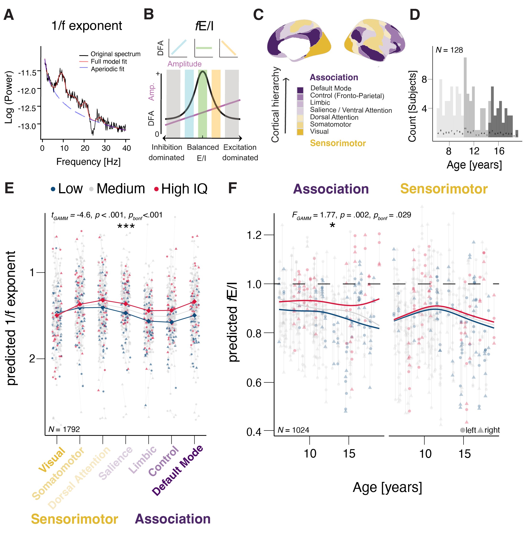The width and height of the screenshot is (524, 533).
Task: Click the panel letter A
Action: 9,15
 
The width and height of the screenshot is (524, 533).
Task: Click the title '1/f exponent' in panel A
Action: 87,26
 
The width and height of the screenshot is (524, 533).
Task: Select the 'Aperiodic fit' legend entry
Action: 107,69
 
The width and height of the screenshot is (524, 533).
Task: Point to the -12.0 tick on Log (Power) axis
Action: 27,91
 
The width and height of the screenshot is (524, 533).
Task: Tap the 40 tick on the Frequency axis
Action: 126,148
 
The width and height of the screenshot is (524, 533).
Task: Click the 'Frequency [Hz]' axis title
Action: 88,162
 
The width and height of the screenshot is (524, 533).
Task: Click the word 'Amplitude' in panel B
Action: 184,64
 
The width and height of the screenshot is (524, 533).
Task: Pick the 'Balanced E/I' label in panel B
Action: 202,152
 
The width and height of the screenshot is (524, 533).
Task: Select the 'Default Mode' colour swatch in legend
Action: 300,90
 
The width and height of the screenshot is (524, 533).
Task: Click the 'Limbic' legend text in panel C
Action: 320,102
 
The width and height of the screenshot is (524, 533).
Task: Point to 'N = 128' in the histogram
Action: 449,50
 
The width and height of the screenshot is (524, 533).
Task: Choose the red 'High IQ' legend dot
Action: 156,189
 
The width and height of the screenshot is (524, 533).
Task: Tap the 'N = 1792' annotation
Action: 64,429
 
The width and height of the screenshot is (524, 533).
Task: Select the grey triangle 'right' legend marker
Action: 480,430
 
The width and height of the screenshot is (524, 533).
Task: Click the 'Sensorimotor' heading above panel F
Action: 444,189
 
